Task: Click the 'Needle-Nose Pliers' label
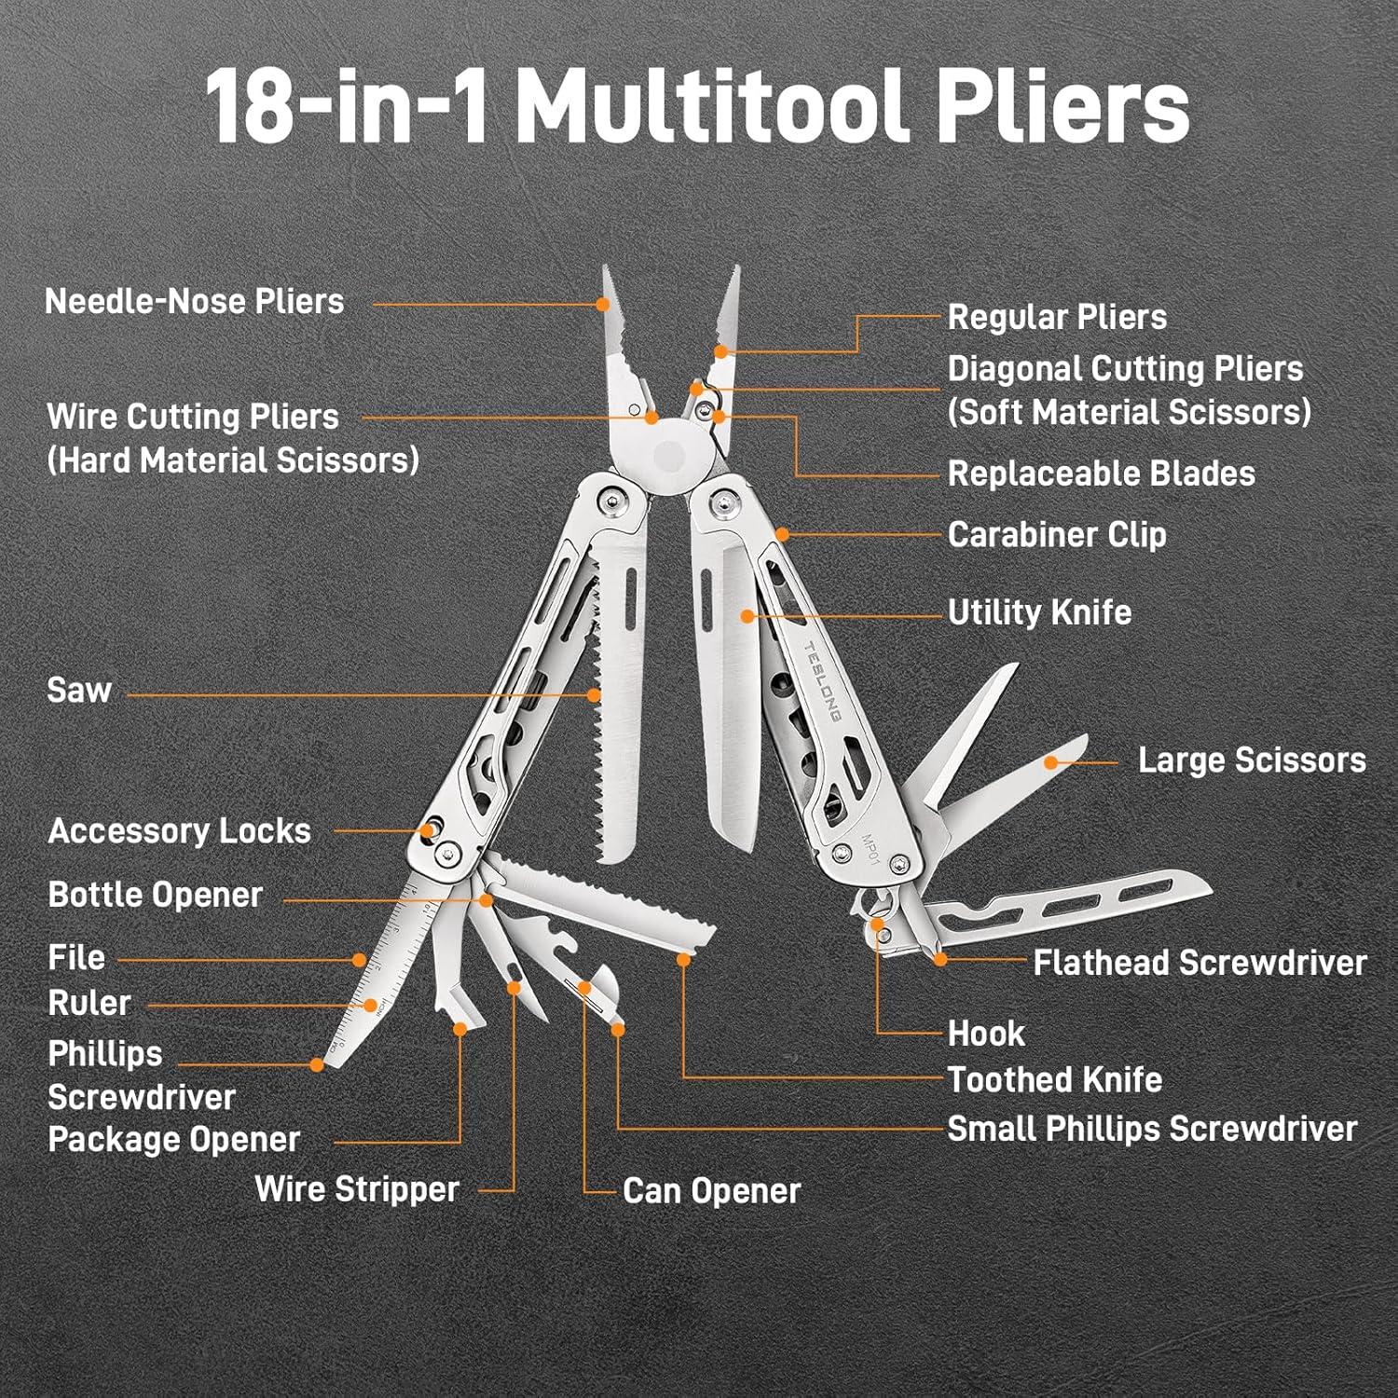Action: point(194,302)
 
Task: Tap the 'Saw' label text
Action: point(79,691)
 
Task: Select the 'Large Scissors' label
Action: point(1251,761)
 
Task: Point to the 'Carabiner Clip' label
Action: point(1056,535)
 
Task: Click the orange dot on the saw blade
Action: point(594,694)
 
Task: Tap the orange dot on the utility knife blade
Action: point(747,616)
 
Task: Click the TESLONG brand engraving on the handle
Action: point(822,681)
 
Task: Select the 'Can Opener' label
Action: point(711,1191)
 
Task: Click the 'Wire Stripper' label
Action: point(357,1189)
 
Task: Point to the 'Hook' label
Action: point(985,1034)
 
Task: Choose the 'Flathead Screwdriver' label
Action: point(1199,963)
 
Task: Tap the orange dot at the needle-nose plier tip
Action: point(603,304)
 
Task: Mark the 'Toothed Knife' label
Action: point(1054,1080)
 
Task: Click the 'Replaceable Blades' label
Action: point(1101,473)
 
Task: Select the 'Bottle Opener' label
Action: point(155,895)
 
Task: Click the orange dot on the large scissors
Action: point(1050,762)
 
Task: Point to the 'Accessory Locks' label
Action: point(179,831)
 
